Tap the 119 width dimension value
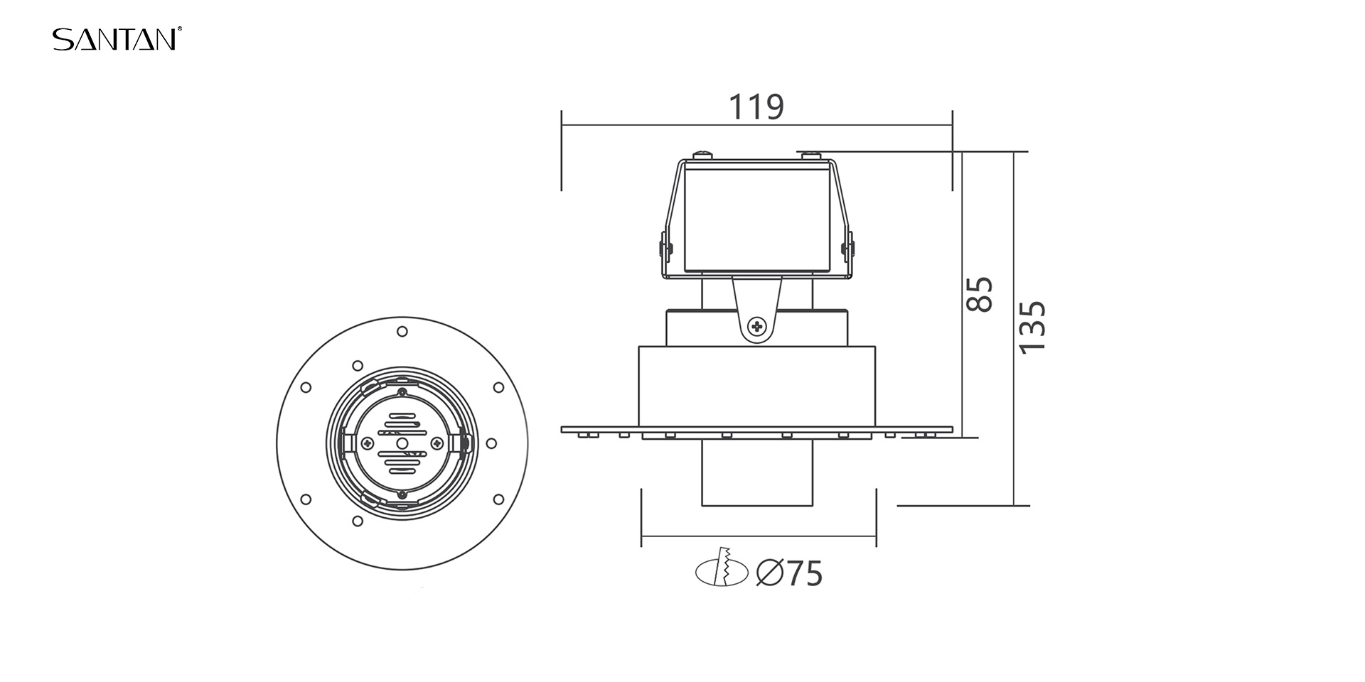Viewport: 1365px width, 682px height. (756, 107)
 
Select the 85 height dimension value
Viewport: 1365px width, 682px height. (980, 294)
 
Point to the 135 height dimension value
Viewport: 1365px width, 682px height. (1032, 327)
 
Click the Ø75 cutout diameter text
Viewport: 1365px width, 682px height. (789, 573)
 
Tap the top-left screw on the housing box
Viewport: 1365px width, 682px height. (703, 153)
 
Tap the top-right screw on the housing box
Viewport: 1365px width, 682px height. (810, 154)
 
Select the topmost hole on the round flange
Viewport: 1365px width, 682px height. (402, 331)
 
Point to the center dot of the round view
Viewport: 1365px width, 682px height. (402, 443)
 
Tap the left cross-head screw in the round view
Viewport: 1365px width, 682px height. (367, 443)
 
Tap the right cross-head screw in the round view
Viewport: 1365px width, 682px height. (437, 443)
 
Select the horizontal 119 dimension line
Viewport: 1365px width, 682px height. (756, 126)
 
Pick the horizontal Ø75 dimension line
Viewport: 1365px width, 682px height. (759, 537)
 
